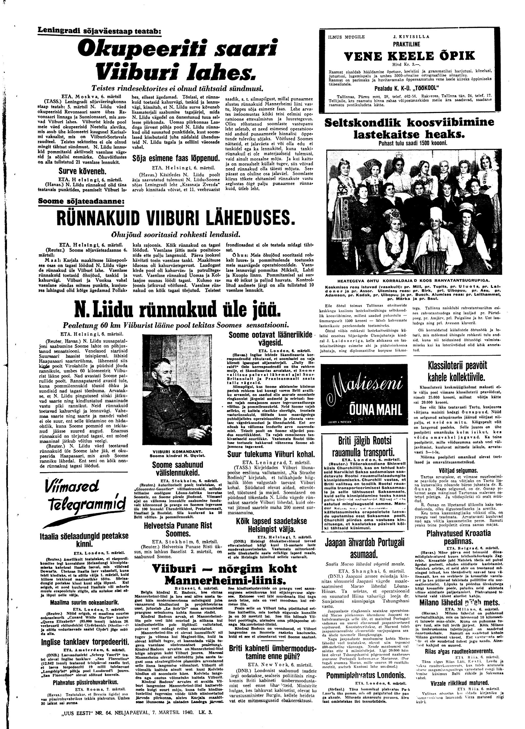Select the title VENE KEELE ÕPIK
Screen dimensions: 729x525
pos(405,56)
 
